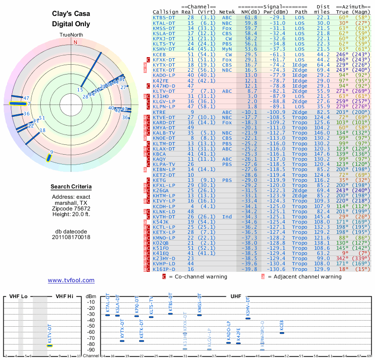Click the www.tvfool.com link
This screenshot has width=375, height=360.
71,280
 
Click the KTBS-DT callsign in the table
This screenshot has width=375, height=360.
164,17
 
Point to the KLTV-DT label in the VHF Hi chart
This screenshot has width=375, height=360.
49,332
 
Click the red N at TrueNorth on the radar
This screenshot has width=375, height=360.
75,42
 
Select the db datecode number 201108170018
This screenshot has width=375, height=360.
71,237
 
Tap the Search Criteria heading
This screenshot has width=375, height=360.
71,187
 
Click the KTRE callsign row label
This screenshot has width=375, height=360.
159,112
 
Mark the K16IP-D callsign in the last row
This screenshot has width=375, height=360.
164,269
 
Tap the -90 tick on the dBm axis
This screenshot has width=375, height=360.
92,350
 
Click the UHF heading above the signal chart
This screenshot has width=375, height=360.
235,296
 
